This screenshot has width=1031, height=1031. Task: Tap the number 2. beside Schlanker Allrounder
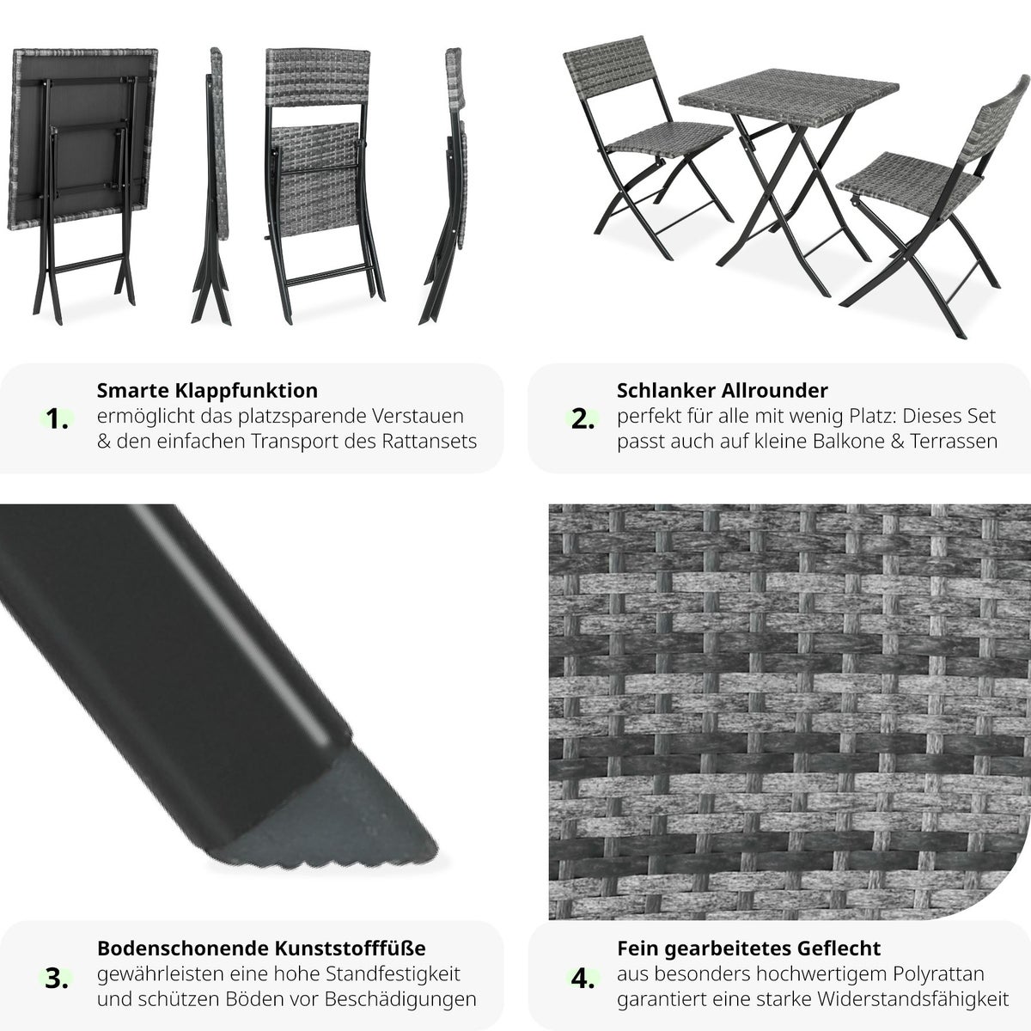(583, 419)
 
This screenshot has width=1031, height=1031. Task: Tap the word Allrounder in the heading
(774, 391)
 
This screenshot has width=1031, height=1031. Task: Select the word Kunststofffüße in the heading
(351, 949)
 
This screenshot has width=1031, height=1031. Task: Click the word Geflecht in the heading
(839, 949)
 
